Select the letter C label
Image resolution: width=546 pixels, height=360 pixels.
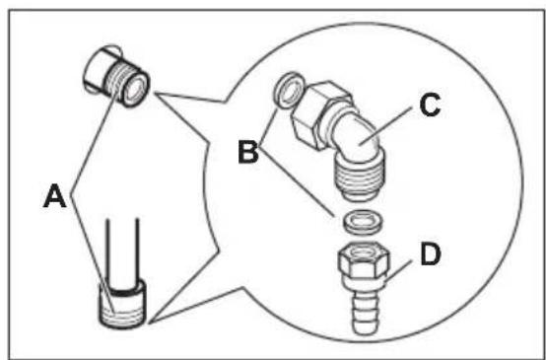(430, 107)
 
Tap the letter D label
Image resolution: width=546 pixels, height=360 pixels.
(431, 255)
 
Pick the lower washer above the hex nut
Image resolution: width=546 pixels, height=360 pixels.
(363, 222)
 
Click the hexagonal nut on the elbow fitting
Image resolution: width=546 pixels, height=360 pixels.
(319, 113)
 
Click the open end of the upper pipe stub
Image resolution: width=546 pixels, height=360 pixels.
(136, 88)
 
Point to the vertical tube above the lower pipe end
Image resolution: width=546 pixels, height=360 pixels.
(122, 252)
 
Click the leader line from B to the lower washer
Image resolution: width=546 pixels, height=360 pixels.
(296, 182)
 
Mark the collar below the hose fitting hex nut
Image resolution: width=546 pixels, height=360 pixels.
(364, 284)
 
